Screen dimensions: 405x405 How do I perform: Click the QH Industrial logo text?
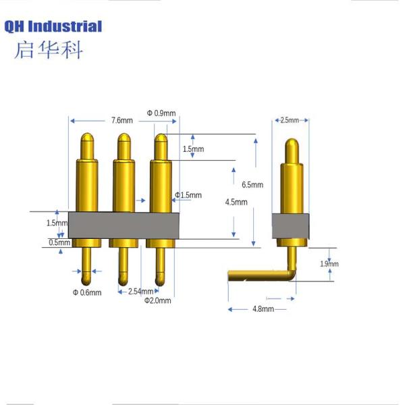[x=53, y=27]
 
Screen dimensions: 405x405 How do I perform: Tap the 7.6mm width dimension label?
[x=122, y=120]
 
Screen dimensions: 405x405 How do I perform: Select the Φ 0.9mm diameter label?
[x=161, y=113]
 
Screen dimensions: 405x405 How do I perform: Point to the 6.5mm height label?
[x=252, y=185]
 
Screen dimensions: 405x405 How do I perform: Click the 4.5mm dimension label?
[x=236, y=202]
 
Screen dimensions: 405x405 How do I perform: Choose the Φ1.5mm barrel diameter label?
[x=188, y=195]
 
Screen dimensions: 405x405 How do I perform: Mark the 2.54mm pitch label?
[x=141, y=292]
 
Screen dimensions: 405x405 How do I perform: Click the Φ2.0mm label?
[x=157, y=300]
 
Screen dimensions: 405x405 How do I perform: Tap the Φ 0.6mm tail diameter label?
[x=87, y=293]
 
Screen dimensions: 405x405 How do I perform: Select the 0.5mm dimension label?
[x=59, y=242]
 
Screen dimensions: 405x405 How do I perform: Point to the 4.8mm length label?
[x=263, y=309]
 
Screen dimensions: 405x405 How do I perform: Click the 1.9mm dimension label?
[x=329, y=264]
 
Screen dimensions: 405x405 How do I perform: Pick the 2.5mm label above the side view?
[x=290, y=120]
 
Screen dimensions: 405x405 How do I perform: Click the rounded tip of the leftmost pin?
[x=87, y=136]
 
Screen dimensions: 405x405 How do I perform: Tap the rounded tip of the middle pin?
[x=124, y=136]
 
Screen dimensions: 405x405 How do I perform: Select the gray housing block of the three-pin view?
[x=124, y=225]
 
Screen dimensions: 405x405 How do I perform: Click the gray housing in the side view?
[x=290, y=226]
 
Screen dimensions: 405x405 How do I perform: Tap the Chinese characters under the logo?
[x=49, y=50]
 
